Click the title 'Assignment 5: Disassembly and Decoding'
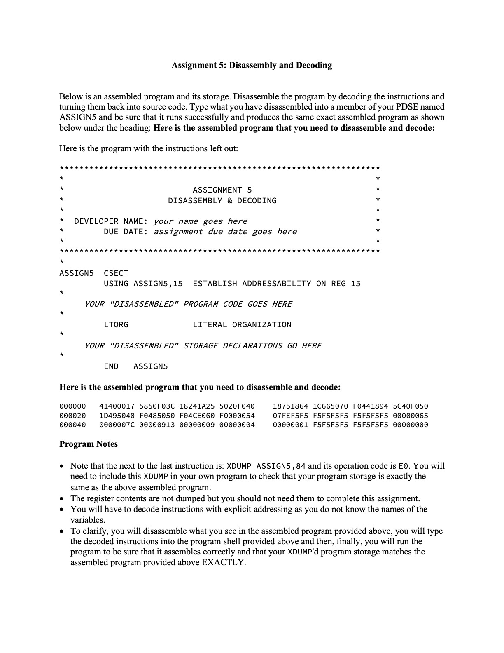pyautogui.click(x=252, y=65)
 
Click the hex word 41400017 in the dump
pyautogui.click(x=117, y=406)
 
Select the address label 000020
pyautogui.click(x=72, y=416)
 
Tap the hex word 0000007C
pyautogui.click(x=117, y=425)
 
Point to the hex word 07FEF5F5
pyautogui.click(x=290, y=416)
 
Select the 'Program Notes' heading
pyautogui.click(x=89, y=444)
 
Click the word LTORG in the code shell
pyautogui.click(x=116, y=325)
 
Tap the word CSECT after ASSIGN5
pyautogui.click(x=116, y=273)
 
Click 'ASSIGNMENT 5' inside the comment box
pyautogui.click(x=222, y=190)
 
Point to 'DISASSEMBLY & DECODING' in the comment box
pyautogui.click(x=222, y=201)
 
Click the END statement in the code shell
pyautogui.click(x=111, y=366)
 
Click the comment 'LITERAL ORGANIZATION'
pyautogui.click(x=242, y=325)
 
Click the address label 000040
pyautogui.click(x=72, y=425)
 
